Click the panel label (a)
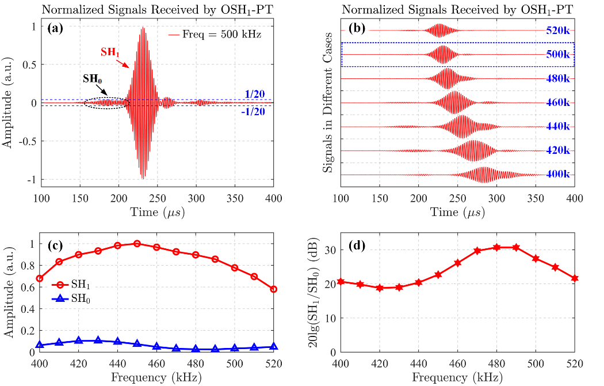click(x=56, y=28)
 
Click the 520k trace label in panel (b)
click(x=558, y=31)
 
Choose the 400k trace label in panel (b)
click(x=558, y=175)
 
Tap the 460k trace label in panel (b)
click(x=558, y=103)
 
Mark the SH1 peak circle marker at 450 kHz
click(x=137, y=244)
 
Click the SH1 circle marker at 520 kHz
click(x=274, y=289)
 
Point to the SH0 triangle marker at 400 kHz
click(x=39, y=345)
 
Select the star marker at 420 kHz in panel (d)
click(x=380, y=287)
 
